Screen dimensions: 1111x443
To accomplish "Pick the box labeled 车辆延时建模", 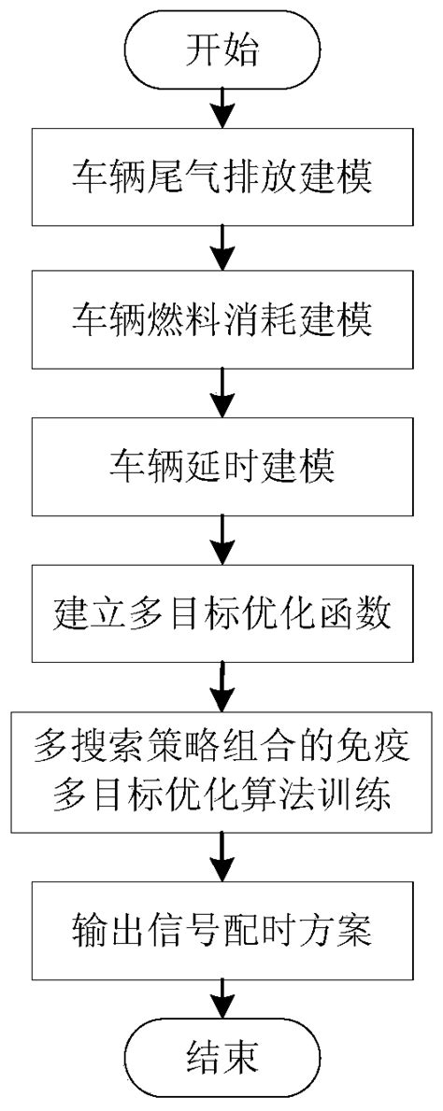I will coord(221,463).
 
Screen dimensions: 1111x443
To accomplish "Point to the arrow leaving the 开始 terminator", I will coord(221,105).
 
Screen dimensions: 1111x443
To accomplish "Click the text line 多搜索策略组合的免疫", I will coord(221,747).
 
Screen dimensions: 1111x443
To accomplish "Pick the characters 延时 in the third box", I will coord(221,463).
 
